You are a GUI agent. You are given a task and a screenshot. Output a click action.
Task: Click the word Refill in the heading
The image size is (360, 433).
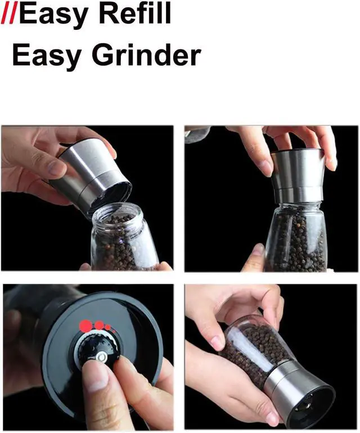(134, 13)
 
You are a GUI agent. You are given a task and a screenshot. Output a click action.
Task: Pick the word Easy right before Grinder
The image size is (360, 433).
(47, 57)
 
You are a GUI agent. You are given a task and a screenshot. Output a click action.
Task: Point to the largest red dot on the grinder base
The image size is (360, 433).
(86, 326)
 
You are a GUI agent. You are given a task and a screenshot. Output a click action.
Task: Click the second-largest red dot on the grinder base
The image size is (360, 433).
(99, 325)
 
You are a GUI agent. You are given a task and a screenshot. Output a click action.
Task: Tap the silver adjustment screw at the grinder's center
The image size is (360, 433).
(102, 357)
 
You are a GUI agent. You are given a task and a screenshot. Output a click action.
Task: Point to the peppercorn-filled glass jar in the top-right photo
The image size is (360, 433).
(296, 237)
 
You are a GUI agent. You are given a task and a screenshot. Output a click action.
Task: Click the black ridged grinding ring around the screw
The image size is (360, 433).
(98, 348)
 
